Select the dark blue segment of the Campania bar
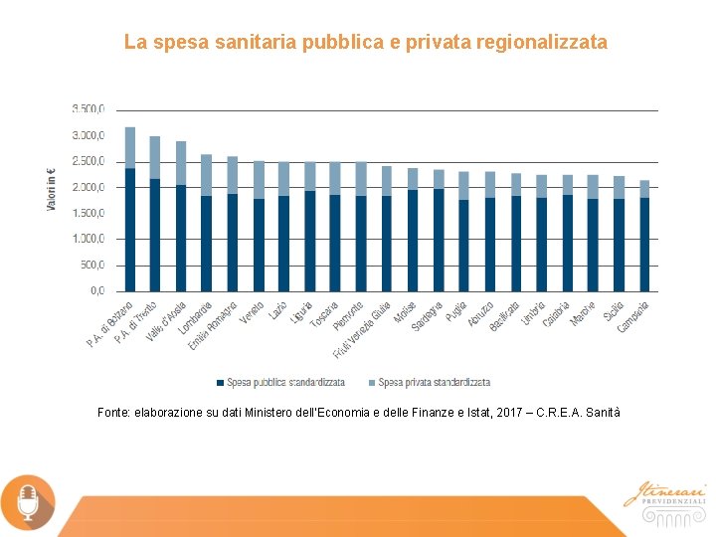644,244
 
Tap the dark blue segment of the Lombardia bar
206,243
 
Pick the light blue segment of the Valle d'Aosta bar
181,163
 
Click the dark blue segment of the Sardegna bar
439,240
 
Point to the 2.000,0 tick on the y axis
88,187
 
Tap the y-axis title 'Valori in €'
52,188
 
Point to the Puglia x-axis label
456,313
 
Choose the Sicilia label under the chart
613,314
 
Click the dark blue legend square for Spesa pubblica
220,382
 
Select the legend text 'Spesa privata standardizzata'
434,382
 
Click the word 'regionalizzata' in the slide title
541,43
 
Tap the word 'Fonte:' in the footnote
114,412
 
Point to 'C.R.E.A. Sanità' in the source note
578,412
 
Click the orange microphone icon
28,500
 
